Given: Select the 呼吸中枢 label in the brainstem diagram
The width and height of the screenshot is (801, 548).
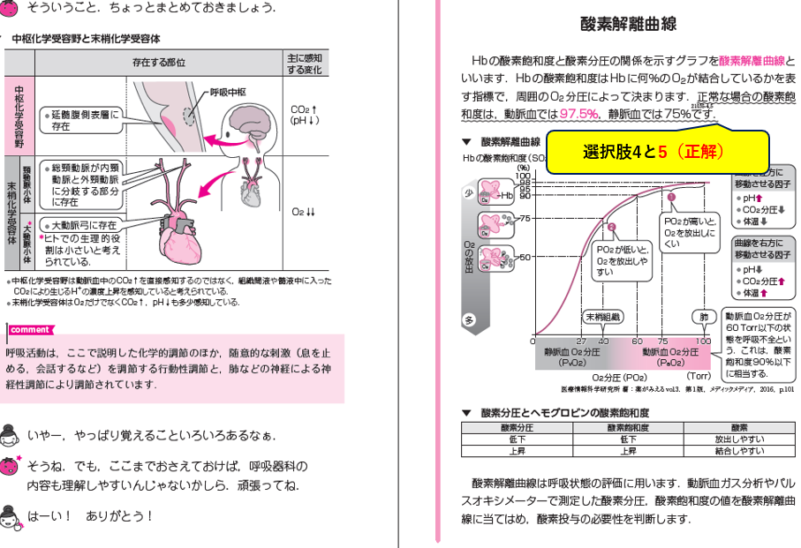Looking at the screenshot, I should click(227, 92).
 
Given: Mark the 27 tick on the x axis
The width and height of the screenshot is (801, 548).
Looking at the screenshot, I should click(580, 341).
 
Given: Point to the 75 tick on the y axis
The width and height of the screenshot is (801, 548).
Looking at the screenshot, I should click(523, 218).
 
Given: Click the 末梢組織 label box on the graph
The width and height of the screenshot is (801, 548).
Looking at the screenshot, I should click(602, 316).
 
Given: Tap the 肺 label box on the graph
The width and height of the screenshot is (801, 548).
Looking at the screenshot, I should click(703, 316).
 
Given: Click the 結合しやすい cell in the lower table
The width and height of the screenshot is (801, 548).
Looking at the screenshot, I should click(739, 450).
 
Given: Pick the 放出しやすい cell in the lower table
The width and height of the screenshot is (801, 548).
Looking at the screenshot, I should click(739, 439).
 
